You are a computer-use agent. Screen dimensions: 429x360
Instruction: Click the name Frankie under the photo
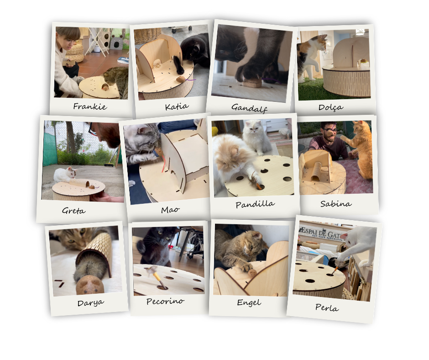[90, 106]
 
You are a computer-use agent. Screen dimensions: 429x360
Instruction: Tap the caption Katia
[177, 106]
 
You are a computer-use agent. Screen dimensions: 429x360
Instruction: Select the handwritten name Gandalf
[249, 108]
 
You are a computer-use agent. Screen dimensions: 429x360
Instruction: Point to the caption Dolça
[331, 107]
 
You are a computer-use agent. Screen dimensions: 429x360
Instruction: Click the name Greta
[73, 211]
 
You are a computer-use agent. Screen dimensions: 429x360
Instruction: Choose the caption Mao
[170, 210]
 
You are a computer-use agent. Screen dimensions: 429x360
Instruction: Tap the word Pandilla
[255, 204]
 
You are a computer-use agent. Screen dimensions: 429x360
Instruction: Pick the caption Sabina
[336, 204]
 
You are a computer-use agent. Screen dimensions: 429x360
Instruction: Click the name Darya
[90, 303]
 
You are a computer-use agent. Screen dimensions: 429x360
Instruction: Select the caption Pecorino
[165, 302]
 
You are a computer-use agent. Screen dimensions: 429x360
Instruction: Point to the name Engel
[249, 302]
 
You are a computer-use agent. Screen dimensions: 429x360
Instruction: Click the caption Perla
[327, 307]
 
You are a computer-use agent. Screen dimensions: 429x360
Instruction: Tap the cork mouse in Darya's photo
[90, 285]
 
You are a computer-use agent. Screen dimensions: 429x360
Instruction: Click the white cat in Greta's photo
[66, 175]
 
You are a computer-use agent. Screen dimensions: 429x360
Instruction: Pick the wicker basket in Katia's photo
[148, 35]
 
